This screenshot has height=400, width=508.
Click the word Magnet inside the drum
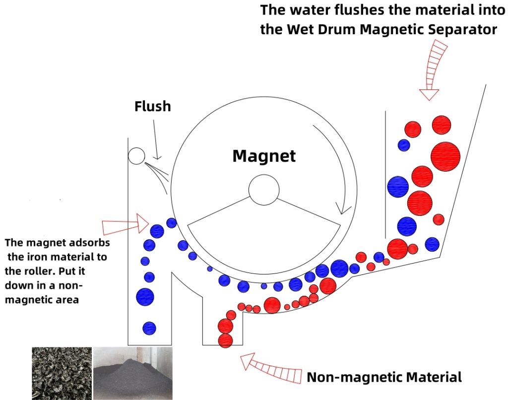[x=264, y=156]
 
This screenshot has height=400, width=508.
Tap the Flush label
[x=152, y=106]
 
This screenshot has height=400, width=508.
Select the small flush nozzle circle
[x=136, y=156]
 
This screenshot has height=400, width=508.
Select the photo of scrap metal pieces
[x=62, y=373]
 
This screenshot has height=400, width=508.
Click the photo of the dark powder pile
[x=132, y=373]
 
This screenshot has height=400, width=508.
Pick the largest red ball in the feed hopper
[x=445, y=156]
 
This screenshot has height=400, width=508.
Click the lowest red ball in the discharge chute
[x=225, y=340]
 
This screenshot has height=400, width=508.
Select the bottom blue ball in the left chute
[x=149, y=328]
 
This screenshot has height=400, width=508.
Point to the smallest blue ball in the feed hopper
[x=404, y=145]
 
